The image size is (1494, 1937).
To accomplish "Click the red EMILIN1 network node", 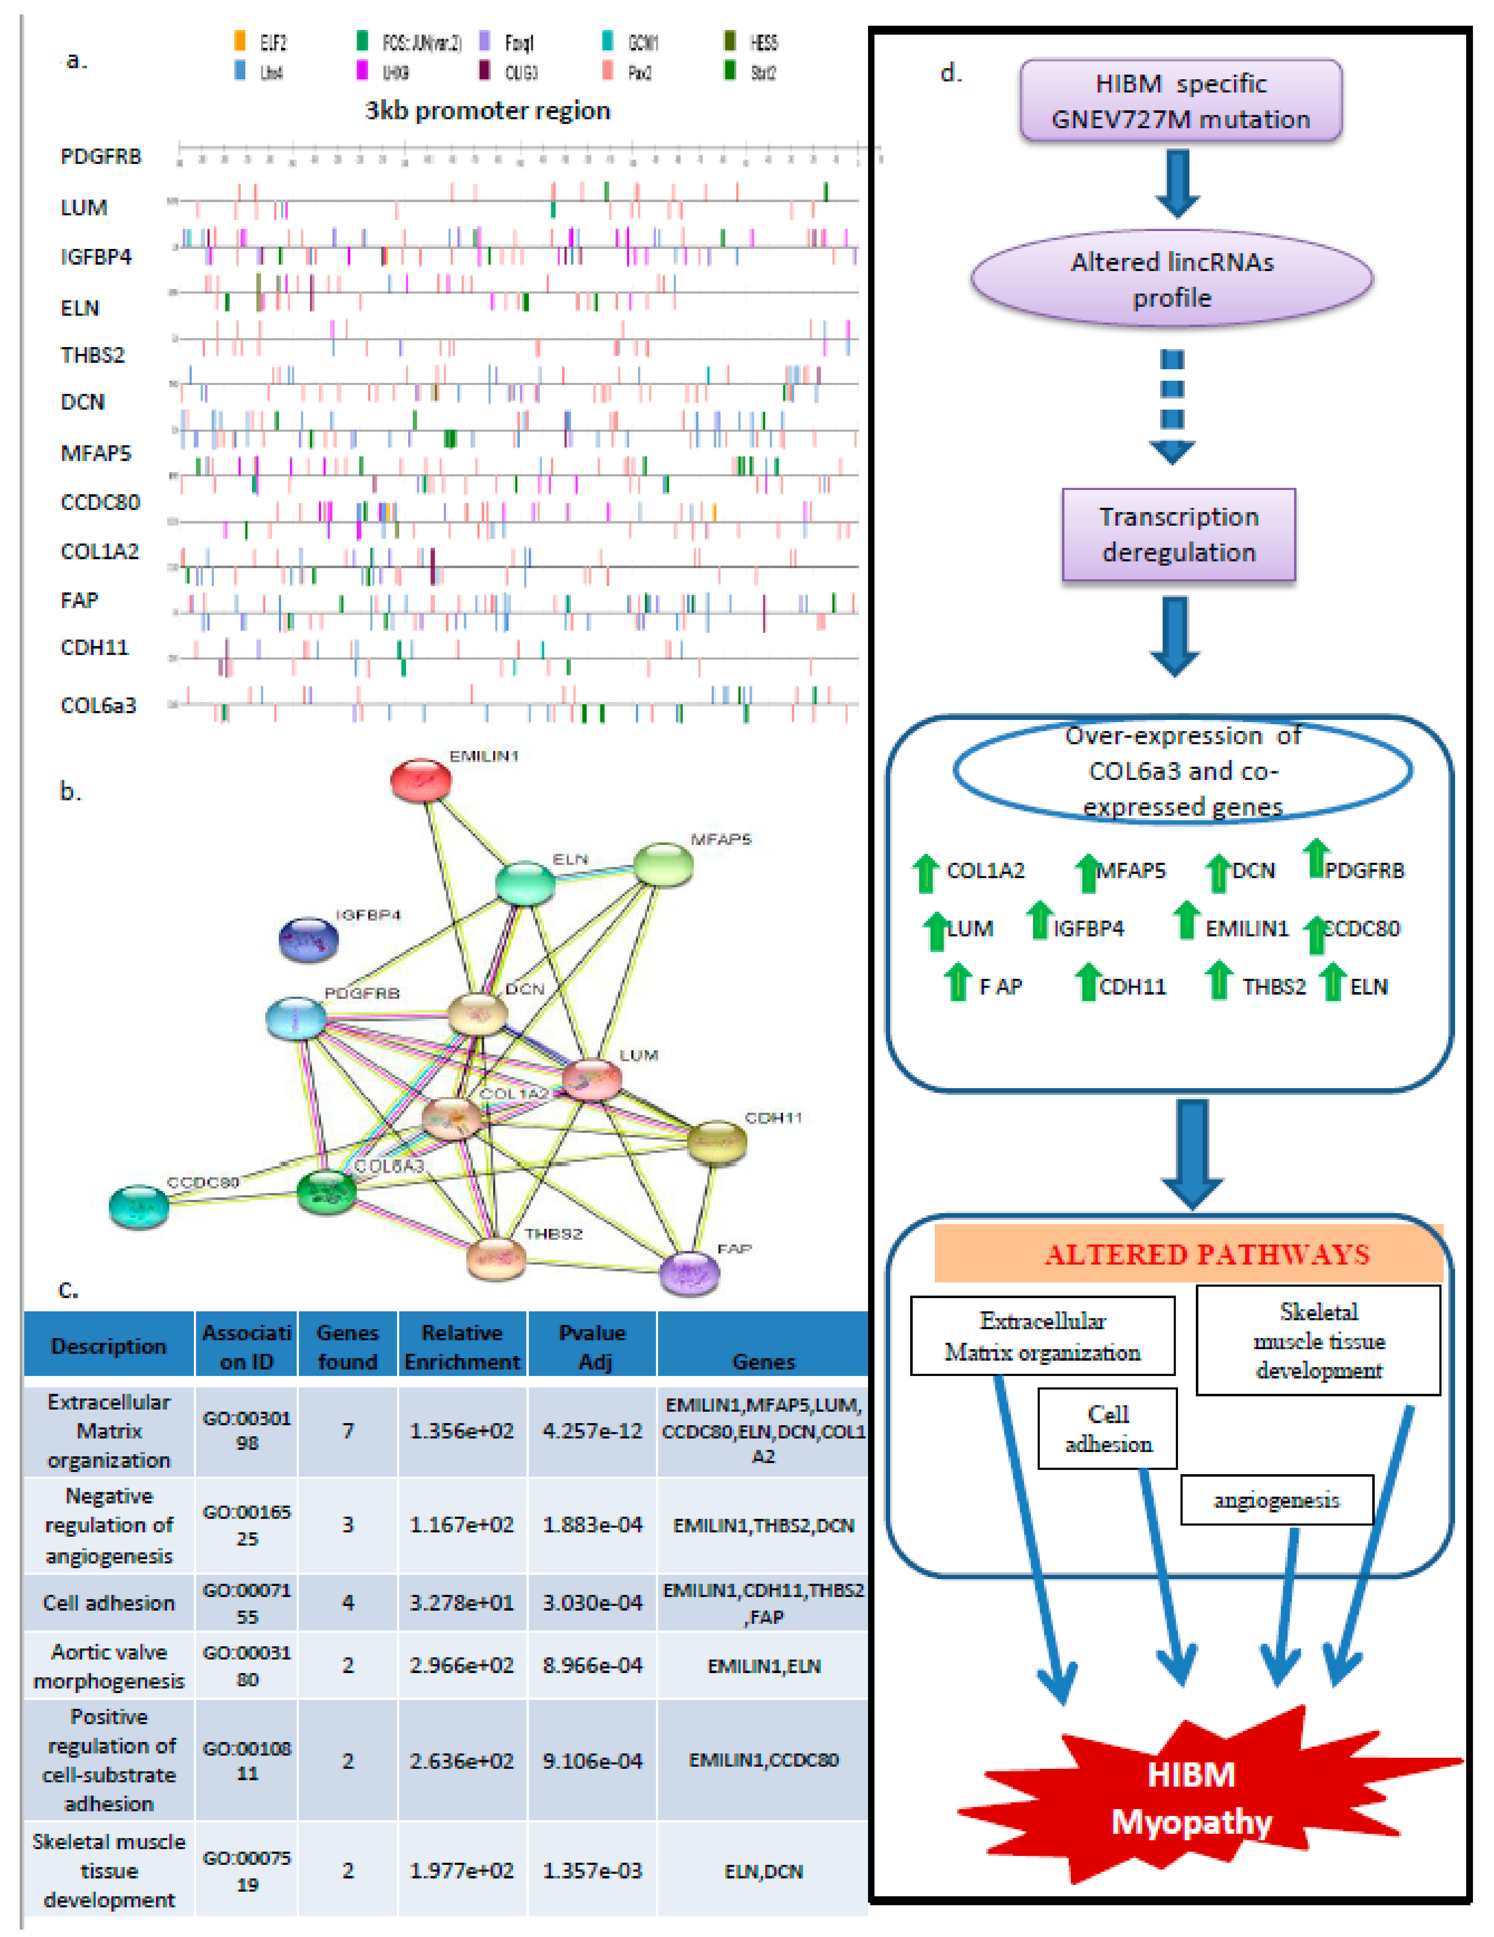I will (420, 780).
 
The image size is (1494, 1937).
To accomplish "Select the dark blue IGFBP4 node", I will (309, 939).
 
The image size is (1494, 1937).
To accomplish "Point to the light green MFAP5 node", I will (663, 865).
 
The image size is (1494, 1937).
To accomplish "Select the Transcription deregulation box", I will (1178, 535).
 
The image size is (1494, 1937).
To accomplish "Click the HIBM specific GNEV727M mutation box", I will (1180, 101).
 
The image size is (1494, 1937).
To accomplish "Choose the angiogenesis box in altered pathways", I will (1276, 1500).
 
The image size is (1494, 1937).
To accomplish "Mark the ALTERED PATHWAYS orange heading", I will (1188, 1254).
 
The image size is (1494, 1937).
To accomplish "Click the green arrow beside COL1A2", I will (926, 873).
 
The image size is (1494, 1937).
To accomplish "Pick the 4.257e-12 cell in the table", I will (592, 1431).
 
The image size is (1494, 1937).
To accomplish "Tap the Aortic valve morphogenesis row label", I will (109, 1666).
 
